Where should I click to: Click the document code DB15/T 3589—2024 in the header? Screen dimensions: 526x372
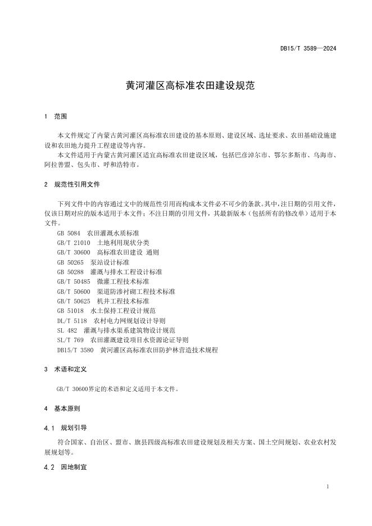click(x=308, y=48)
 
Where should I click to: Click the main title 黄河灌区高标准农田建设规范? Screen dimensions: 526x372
click(x=190, y=87)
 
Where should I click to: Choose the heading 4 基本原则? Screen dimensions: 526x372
click(x=62, y=409)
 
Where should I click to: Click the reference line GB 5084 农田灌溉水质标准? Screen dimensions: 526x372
click(x=98, y=232)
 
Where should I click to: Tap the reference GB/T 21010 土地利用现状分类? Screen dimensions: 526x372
click(x=103, y=242)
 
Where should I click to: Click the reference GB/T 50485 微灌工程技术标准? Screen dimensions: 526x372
click(x=103, y=281)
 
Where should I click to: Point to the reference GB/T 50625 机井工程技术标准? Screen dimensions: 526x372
click(x=103, y=301)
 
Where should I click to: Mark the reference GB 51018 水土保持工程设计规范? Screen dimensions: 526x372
click(x=106, y=310)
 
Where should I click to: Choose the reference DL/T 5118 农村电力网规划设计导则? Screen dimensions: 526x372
click(x=111, y=320)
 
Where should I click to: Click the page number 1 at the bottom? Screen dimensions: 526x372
click(x=328, y=487)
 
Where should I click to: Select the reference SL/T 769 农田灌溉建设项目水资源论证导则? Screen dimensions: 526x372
click(x=123, y=340)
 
